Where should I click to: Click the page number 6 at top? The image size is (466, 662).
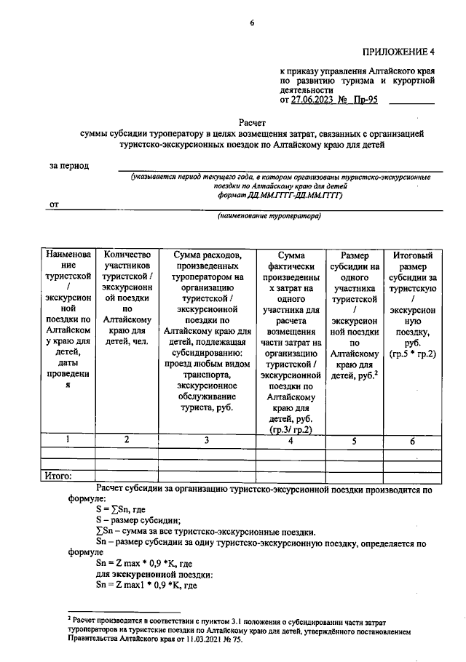[x=252, y=23]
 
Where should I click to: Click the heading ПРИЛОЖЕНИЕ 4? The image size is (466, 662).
[x=398, y=51]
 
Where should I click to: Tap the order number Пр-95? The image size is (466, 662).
[x=365, y=100]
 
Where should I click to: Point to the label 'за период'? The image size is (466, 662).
[x=69, y=165]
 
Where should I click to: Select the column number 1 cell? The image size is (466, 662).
[x=68, y=439]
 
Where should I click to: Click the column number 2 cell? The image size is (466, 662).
[x=127, y=439]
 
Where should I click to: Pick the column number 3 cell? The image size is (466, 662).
[x=206, y=439]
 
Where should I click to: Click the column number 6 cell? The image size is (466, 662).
[x=413, y=439]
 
